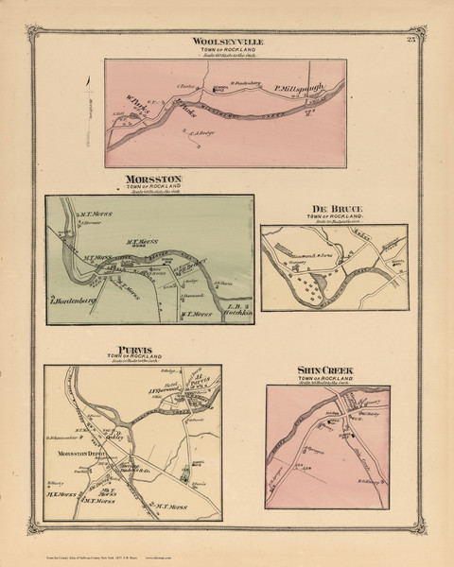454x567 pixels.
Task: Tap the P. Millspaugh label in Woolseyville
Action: [x=300, y=89]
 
